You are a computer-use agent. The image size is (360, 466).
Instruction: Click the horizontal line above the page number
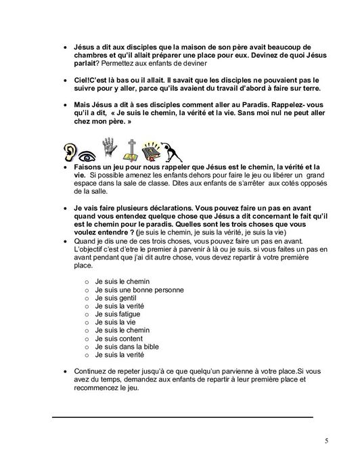pos(183,417)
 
